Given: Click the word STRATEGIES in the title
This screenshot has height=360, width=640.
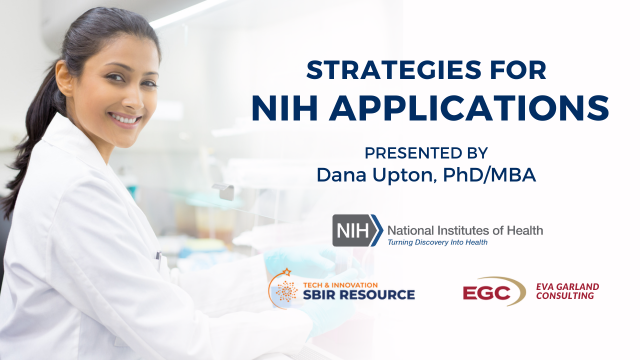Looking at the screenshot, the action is [394, 70].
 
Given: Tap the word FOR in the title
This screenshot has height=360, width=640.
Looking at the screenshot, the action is [518, 70].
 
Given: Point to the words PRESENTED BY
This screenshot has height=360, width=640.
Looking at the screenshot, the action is [426, 153].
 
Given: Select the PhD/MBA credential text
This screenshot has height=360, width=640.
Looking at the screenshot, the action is [489, 175].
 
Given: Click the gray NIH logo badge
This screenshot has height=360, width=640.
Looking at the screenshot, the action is [358, 231].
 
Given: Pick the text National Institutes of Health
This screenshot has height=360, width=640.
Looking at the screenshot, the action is [465, 231].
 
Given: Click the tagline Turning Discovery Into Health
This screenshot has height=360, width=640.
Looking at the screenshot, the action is [437, 242].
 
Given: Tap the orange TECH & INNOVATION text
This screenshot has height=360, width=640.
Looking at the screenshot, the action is [340, 285].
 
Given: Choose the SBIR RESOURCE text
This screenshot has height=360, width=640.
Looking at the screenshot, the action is [359, 294].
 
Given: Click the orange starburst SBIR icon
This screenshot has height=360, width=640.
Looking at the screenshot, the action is [286, 291].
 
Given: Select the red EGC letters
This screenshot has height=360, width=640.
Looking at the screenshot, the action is [487, 293].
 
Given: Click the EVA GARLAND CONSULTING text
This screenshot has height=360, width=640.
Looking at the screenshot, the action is [567, 291].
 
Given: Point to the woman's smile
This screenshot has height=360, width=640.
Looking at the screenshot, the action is [124, 121].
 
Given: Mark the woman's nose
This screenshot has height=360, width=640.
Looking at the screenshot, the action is [133, 98].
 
